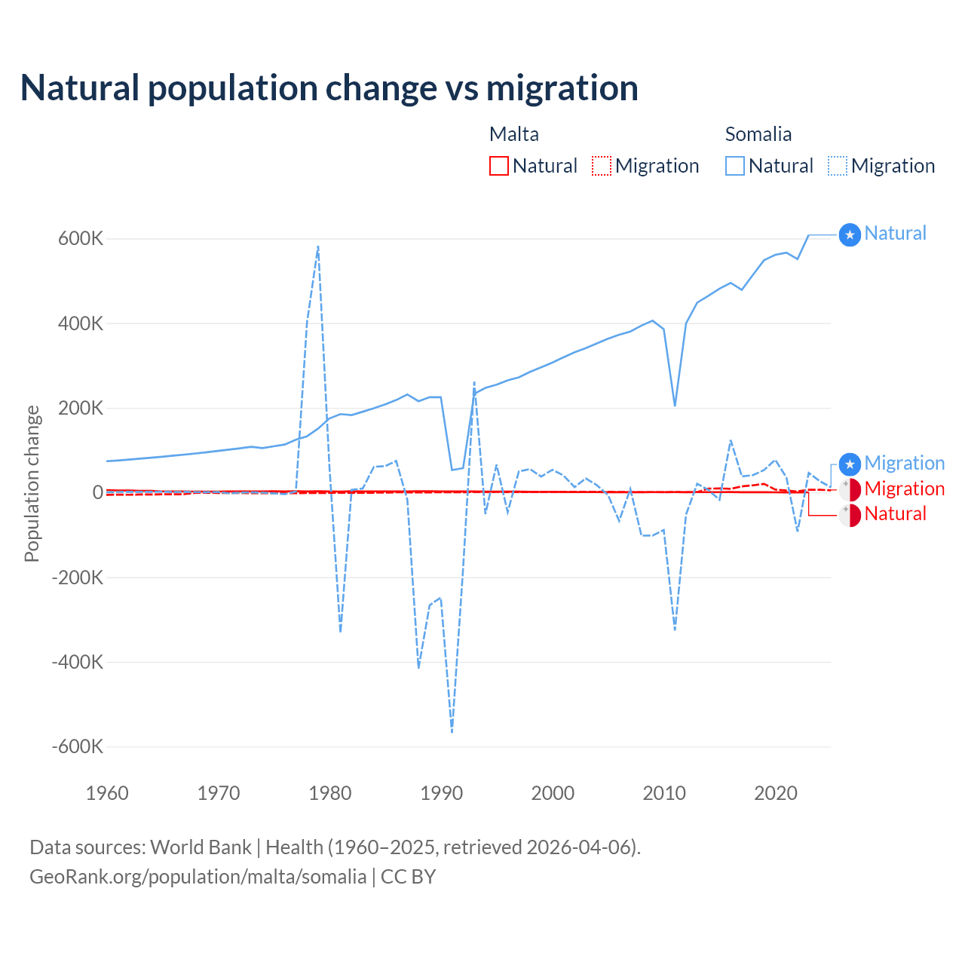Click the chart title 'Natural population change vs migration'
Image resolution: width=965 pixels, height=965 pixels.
[329, 87]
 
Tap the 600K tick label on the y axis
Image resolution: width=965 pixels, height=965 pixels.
[81, 238]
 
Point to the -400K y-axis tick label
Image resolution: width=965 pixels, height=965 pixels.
[77, 662]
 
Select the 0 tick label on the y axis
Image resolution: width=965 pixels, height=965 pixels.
[97, 492]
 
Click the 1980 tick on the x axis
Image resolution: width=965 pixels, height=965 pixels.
[330, 793]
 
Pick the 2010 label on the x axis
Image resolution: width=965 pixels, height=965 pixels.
[664, 793]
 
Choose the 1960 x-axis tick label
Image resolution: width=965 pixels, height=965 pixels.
[108, 793]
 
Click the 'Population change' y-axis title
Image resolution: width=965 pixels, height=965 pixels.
[32, 484]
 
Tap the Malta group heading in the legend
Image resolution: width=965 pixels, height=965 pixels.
[514, 134]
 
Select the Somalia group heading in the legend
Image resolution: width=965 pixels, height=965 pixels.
[758, 134]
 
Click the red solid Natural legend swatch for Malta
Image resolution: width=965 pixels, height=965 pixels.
[499, 166]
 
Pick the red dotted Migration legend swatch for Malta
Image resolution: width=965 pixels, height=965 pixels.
[602, 166]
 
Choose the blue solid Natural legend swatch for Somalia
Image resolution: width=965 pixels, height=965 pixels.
[735, 166]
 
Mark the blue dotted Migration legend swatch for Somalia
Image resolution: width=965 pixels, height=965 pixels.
[838, 166]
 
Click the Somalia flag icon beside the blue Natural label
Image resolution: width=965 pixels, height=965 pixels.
[850, 235]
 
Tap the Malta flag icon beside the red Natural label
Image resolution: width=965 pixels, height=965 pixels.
[850, 516]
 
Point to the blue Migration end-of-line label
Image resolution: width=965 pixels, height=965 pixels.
[904, 463]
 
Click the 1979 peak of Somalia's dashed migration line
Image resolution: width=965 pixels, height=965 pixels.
[318, 247]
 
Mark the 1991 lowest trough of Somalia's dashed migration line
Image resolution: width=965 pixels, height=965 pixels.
[452, 731]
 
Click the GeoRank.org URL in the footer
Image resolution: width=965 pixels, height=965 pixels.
[198, 877]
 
